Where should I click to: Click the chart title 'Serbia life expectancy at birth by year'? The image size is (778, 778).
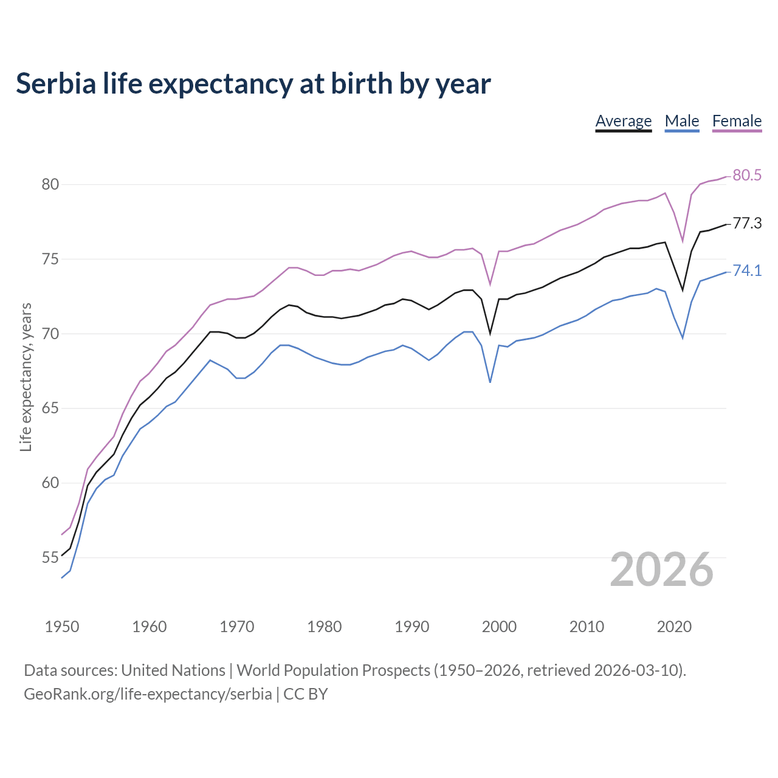(x=253, y=84)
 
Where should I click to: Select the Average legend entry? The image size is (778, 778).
(x=623, y=121)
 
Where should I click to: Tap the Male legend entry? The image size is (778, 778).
(x=681, y=121)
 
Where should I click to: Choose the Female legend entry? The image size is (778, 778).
(x=737, y=121)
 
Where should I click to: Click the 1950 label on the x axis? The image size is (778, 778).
(x=62, y=627)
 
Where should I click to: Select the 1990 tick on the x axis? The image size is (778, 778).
(x=411, y=627)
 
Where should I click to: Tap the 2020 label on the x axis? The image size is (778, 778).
(x=674, y=627)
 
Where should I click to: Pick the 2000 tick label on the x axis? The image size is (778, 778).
(x=499, y=627)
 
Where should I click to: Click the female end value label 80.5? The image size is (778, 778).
(x=747, y=176)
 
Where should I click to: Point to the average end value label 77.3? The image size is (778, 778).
(x=747, y=224)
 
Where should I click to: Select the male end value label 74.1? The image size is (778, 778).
(x=747, y=271)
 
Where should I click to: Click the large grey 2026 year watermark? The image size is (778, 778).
(x=661, y=570)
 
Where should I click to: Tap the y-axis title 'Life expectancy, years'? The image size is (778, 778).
(x=26, y=377)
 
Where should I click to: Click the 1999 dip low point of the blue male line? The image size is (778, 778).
(x=490, y=382)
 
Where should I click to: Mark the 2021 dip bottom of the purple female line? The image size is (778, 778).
(x=683, y=241)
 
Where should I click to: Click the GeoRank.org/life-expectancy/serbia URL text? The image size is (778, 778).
(x=148, y=694)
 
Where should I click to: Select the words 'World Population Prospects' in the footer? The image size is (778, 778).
(x=333, y=670)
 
